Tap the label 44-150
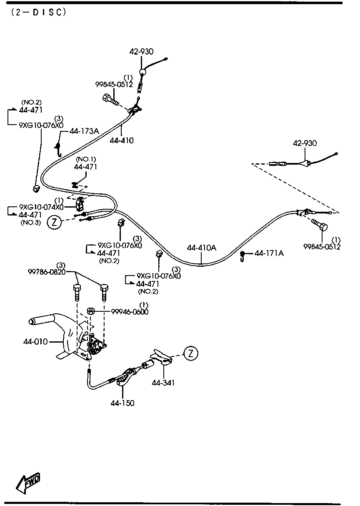122,403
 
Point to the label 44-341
163,382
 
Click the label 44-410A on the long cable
201,248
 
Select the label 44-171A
269,253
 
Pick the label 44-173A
84,131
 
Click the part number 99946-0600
130,312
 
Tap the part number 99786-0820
46,272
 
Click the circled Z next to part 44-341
190,353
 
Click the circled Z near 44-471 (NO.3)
55,222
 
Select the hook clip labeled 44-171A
242,256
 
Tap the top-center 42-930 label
141,52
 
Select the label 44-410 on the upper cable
122,140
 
